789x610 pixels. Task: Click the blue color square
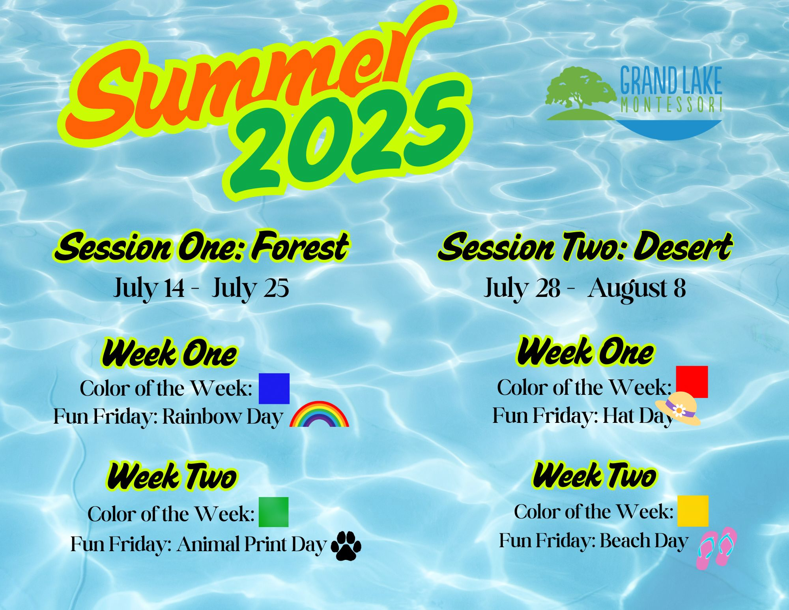(274, 389)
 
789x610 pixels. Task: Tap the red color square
(692, 382)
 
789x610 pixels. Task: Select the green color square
(273, 512)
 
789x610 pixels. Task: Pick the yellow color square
(693, 511)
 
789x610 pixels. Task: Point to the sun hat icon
(678, 409)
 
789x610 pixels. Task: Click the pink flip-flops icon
(716, 548)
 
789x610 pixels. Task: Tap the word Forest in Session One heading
(300, 247)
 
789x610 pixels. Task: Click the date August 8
(637, 288)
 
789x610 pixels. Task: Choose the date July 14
(149, 288)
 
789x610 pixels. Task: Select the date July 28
(522, 288)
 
